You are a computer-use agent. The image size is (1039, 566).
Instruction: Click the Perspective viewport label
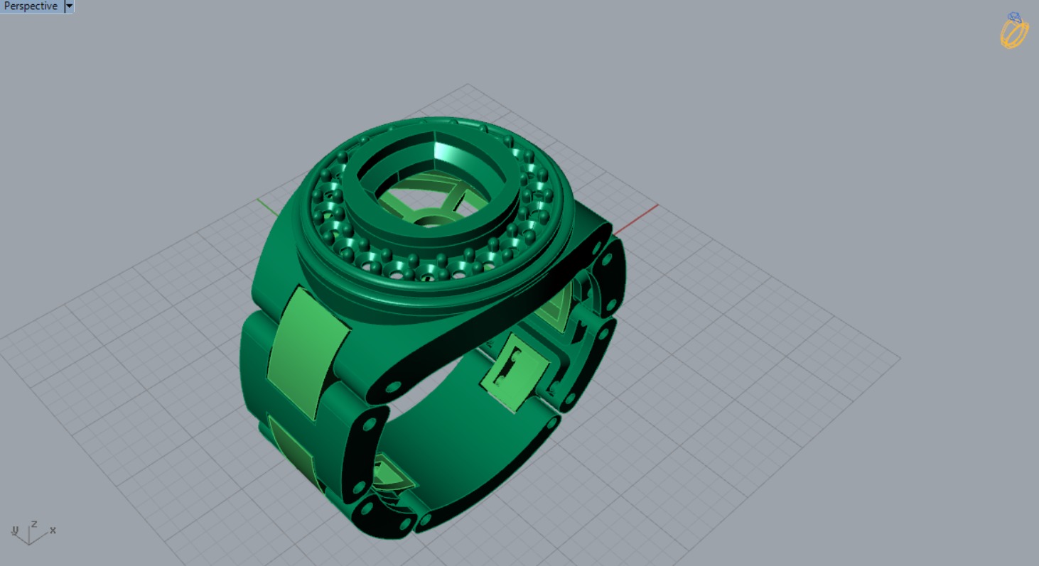tap(31, 6)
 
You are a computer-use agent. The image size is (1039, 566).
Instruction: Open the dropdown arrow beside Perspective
tap(69, 6)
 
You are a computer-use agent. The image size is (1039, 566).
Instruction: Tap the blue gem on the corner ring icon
tap(1014, 18)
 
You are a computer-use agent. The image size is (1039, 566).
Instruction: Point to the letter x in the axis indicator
tap(53, 530)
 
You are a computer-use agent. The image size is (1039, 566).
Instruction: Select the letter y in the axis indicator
tap(15, 530)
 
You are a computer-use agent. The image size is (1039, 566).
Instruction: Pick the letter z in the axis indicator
tap(33, 523)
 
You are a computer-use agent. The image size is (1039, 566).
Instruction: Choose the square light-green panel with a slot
tap(515, 374)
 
